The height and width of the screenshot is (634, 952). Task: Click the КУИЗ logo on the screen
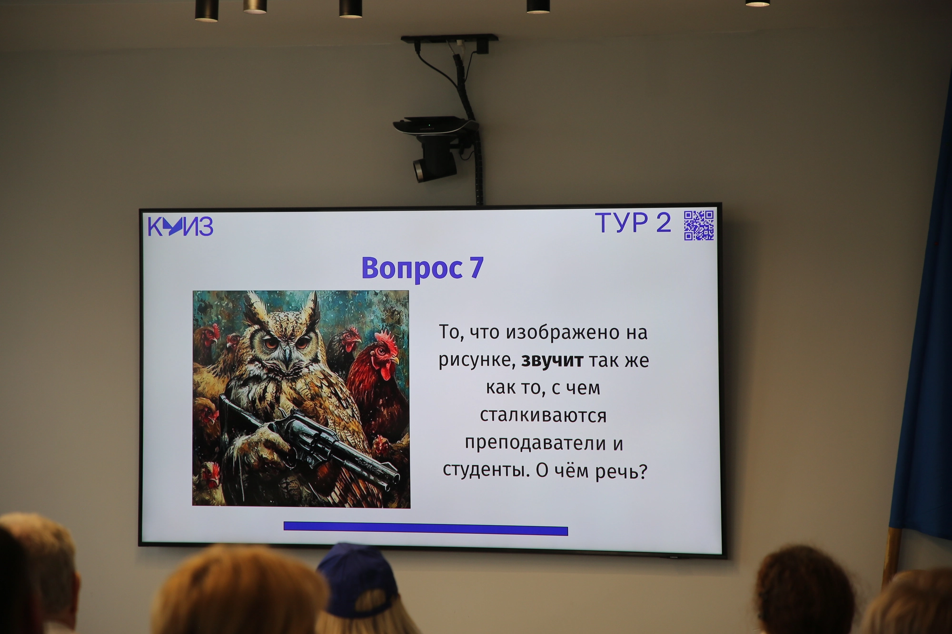180,226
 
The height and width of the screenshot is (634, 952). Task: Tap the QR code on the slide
699,225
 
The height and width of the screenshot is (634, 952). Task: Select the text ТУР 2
633,223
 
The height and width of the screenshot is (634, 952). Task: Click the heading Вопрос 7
422,268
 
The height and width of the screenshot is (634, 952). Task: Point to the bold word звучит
552,361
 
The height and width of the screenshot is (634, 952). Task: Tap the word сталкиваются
543,416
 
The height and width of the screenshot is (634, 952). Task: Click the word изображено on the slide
564,332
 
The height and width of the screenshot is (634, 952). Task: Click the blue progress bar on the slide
426,528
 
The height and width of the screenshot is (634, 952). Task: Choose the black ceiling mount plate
449,38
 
